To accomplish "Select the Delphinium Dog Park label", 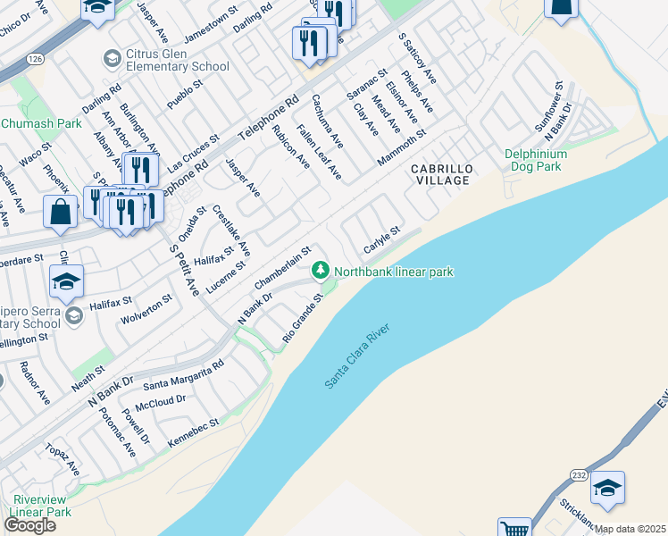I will click(x=535, y=160).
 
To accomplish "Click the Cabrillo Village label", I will click(x=439, y=174).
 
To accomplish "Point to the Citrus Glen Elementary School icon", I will click(x=112, y=59).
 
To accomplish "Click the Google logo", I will click(x=30, y=525).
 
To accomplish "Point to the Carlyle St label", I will click(x=380, y=239).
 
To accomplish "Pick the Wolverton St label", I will click(x=146, y=308).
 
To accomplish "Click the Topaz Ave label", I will click(x=65, y=462).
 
